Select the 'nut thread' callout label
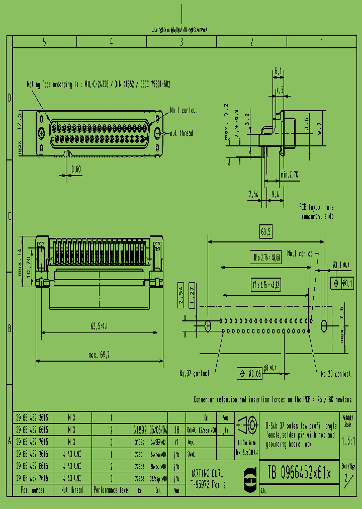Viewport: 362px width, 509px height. [180, 133]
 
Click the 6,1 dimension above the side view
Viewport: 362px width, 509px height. [279, 72]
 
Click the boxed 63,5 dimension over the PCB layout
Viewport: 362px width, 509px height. [266, 232]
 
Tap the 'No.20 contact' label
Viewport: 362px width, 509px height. [336, 374]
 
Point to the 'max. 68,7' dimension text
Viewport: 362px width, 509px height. [100, 355]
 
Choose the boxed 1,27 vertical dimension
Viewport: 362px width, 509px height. [193, 301]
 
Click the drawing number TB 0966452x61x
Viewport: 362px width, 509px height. [299, 473]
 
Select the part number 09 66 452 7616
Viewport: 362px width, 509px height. [34, 478]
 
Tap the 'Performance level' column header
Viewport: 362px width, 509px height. [111, 490]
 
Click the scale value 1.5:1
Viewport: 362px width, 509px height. [347, 440]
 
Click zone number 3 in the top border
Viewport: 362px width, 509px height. [182, 43]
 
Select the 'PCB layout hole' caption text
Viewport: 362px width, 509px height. [317, 207]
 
